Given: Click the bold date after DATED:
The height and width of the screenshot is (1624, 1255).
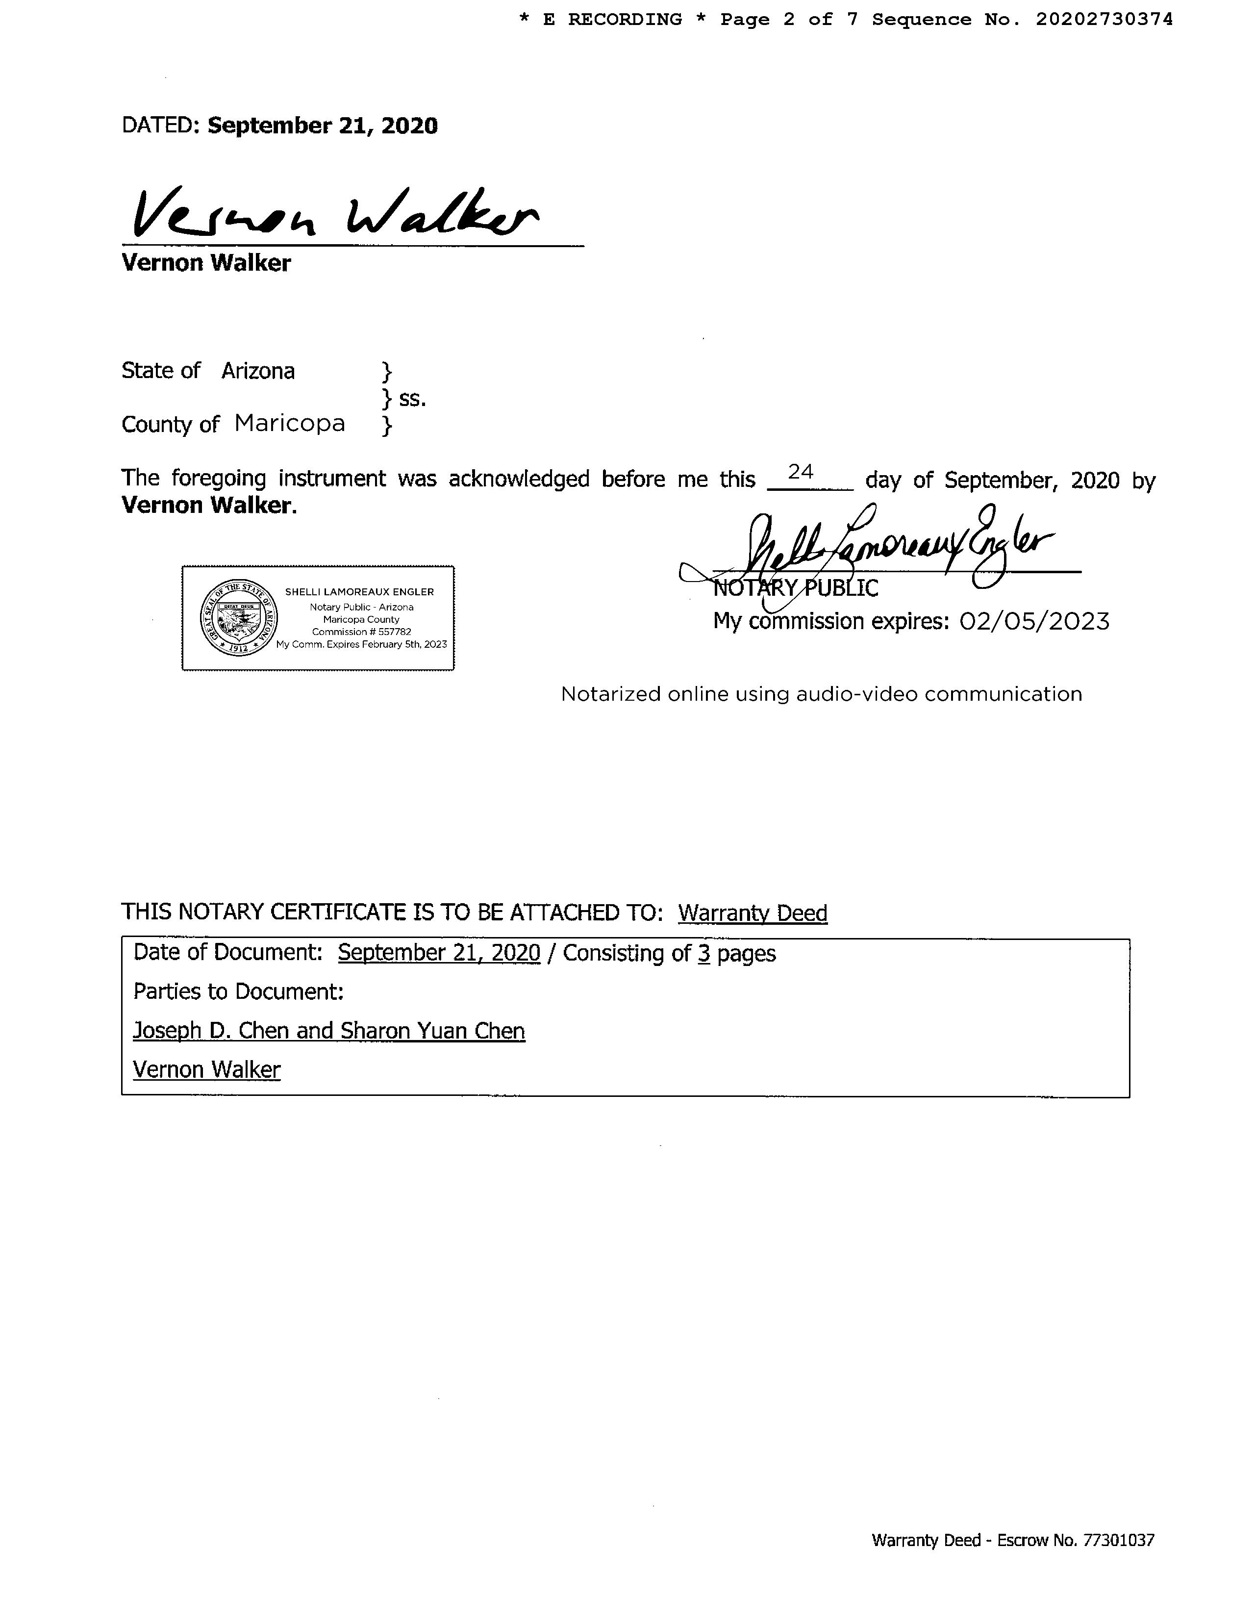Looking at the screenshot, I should pos(323,126).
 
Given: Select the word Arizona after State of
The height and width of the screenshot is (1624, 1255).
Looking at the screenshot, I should pos(258,371).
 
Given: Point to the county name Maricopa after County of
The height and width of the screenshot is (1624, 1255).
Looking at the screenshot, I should pos(290,424).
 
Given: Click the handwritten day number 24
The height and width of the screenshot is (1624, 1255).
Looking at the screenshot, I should pos(801,472).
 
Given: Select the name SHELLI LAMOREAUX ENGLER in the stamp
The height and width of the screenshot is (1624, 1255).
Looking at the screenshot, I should pos(359,592).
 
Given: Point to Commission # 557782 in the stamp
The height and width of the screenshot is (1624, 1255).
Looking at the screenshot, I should pos(361,631).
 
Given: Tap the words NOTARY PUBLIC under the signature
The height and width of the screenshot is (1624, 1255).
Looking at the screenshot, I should pos(796,589).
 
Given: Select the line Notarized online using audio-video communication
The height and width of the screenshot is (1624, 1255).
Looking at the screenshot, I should pos(821,694).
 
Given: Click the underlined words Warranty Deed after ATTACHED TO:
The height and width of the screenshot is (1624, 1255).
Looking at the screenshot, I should pos(753,913).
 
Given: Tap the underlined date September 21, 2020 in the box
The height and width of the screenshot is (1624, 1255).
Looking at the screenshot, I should pos(439,953).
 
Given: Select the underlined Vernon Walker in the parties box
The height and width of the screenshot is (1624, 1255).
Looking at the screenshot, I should pos(207,1070).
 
